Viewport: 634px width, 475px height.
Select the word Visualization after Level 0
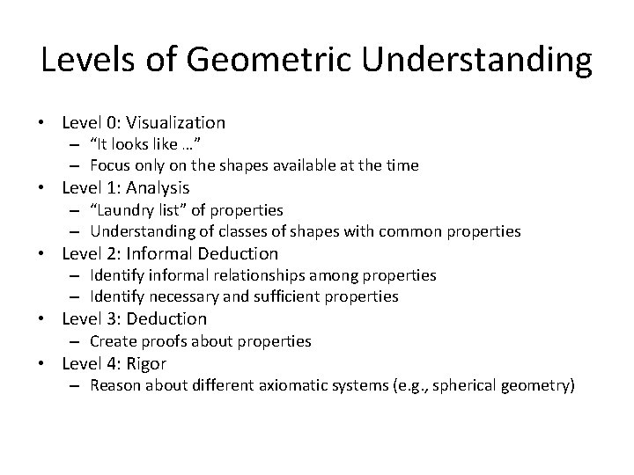coord(177,123)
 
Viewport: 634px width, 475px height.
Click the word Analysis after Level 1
coord(158,188)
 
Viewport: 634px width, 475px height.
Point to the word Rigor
coord(146,363)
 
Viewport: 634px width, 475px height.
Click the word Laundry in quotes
coord(127,210)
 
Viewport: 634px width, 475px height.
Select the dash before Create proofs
coord(77,340)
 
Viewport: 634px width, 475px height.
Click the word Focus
coord(110,166)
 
